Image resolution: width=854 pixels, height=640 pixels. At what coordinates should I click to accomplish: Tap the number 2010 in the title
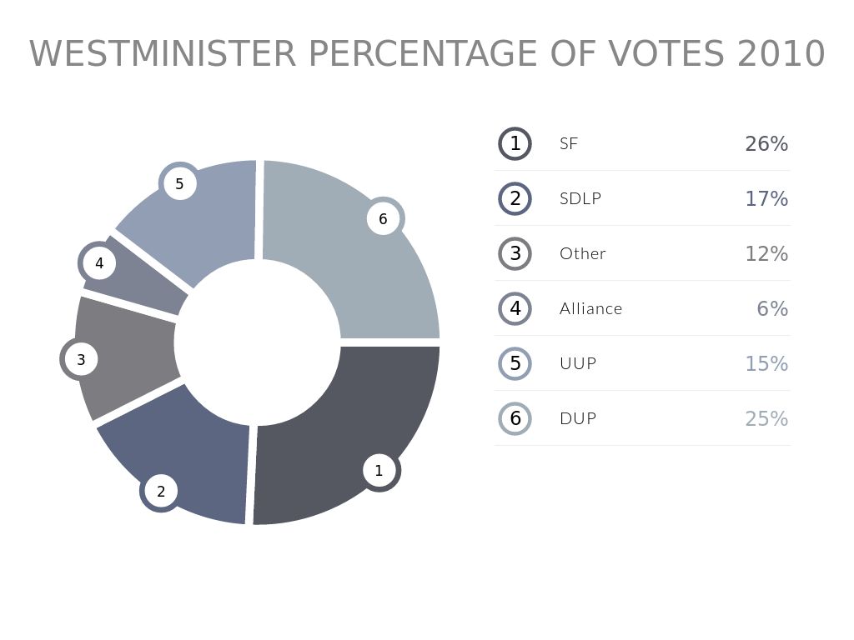tap(781, 55)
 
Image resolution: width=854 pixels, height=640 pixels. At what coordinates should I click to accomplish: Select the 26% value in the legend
tap(766, 144)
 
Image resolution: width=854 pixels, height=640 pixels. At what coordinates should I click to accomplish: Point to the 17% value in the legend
tap(766, 199)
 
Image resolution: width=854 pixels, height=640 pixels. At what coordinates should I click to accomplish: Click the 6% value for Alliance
tap(772, 309)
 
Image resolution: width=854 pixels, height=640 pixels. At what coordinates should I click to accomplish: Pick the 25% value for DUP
tap(766, 418)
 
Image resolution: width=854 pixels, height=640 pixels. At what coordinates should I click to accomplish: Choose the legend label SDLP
tap(580, 199)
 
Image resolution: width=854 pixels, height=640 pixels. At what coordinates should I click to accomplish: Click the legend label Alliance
tap(591, 309)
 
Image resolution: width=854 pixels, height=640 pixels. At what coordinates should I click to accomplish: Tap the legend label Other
tap(583, 254)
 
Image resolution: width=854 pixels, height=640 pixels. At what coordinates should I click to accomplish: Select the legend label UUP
tap(578, 364)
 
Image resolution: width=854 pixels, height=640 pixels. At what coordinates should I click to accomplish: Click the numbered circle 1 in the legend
tap(515, 144)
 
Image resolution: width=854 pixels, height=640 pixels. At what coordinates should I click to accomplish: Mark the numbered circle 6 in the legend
tap(515, 418)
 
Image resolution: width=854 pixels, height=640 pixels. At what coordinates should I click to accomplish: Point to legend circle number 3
tap(515, 254)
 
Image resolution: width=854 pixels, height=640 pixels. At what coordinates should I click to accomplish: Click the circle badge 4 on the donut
tap(99, 264)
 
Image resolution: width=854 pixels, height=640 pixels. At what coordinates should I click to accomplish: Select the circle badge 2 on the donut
tap(161, 492)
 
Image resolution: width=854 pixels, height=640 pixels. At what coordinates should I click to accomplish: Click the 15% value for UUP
tap(766, 364)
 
